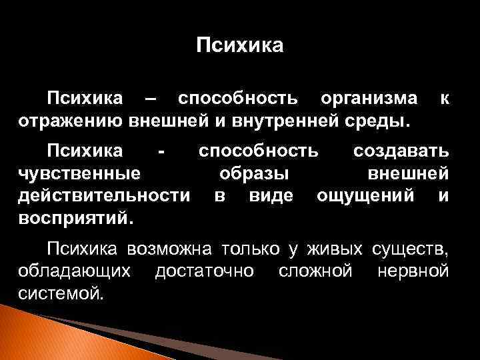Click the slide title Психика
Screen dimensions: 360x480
240,45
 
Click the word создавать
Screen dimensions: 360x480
401,151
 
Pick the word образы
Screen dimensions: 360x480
254,174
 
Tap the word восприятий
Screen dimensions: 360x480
75,218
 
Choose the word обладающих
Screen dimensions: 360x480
76,271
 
